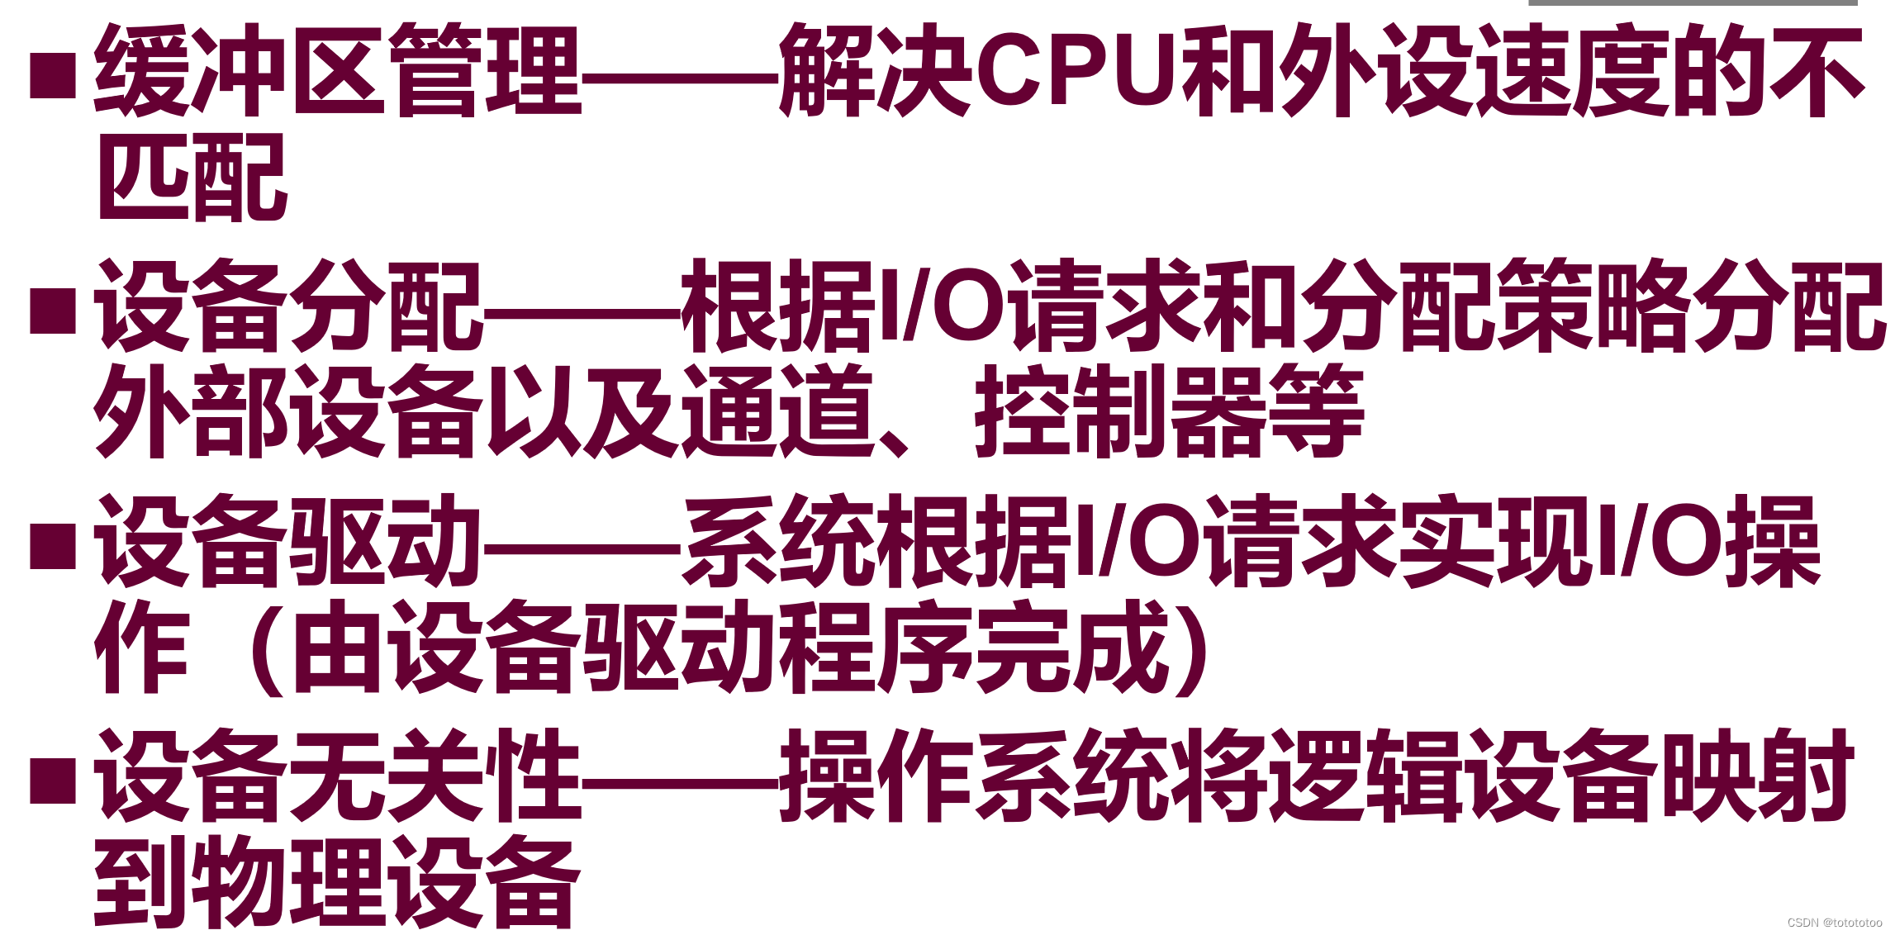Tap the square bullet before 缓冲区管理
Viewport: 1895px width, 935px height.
coord(53,76)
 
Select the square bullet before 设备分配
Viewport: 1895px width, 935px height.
coord(53,311)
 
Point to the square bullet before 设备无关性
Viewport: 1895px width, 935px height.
coord(53,781)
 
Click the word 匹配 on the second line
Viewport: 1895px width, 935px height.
coord(192,178)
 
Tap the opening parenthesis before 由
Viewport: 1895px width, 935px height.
coord(264,648)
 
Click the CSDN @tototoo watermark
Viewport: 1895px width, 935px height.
coord(1834,923)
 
